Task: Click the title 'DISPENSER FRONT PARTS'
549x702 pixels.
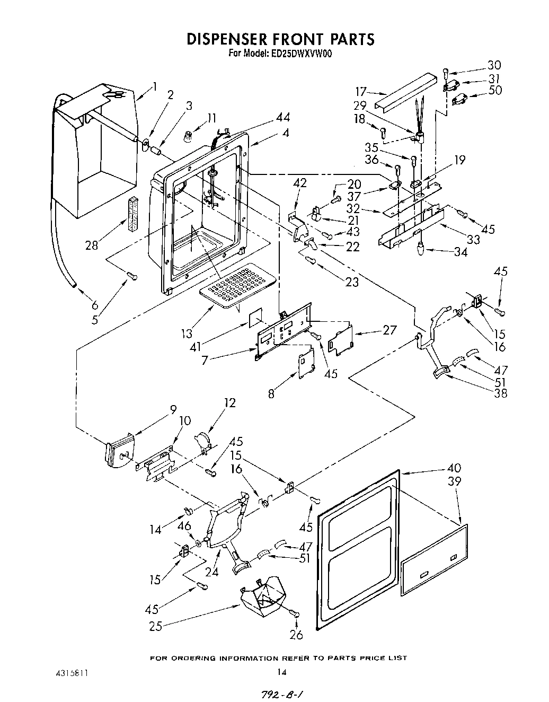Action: [280, 39]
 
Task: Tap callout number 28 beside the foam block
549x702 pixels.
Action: [91, 245]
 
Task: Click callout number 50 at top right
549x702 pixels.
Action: [495, 90]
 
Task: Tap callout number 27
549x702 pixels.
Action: [389, 330]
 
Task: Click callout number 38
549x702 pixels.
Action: [500, 393]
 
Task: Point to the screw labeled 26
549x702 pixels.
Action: [296, 614]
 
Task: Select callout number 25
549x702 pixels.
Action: [155, 626]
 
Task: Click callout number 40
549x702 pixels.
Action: [454, 468]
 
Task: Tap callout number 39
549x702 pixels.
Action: [454, 481]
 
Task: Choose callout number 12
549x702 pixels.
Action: [229, 403]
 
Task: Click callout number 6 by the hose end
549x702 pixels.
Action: [94, 305]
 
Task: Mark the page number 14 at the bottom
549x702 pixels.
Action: [281, 672]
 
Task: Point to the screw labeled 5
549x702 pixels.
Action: [132, 275]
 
